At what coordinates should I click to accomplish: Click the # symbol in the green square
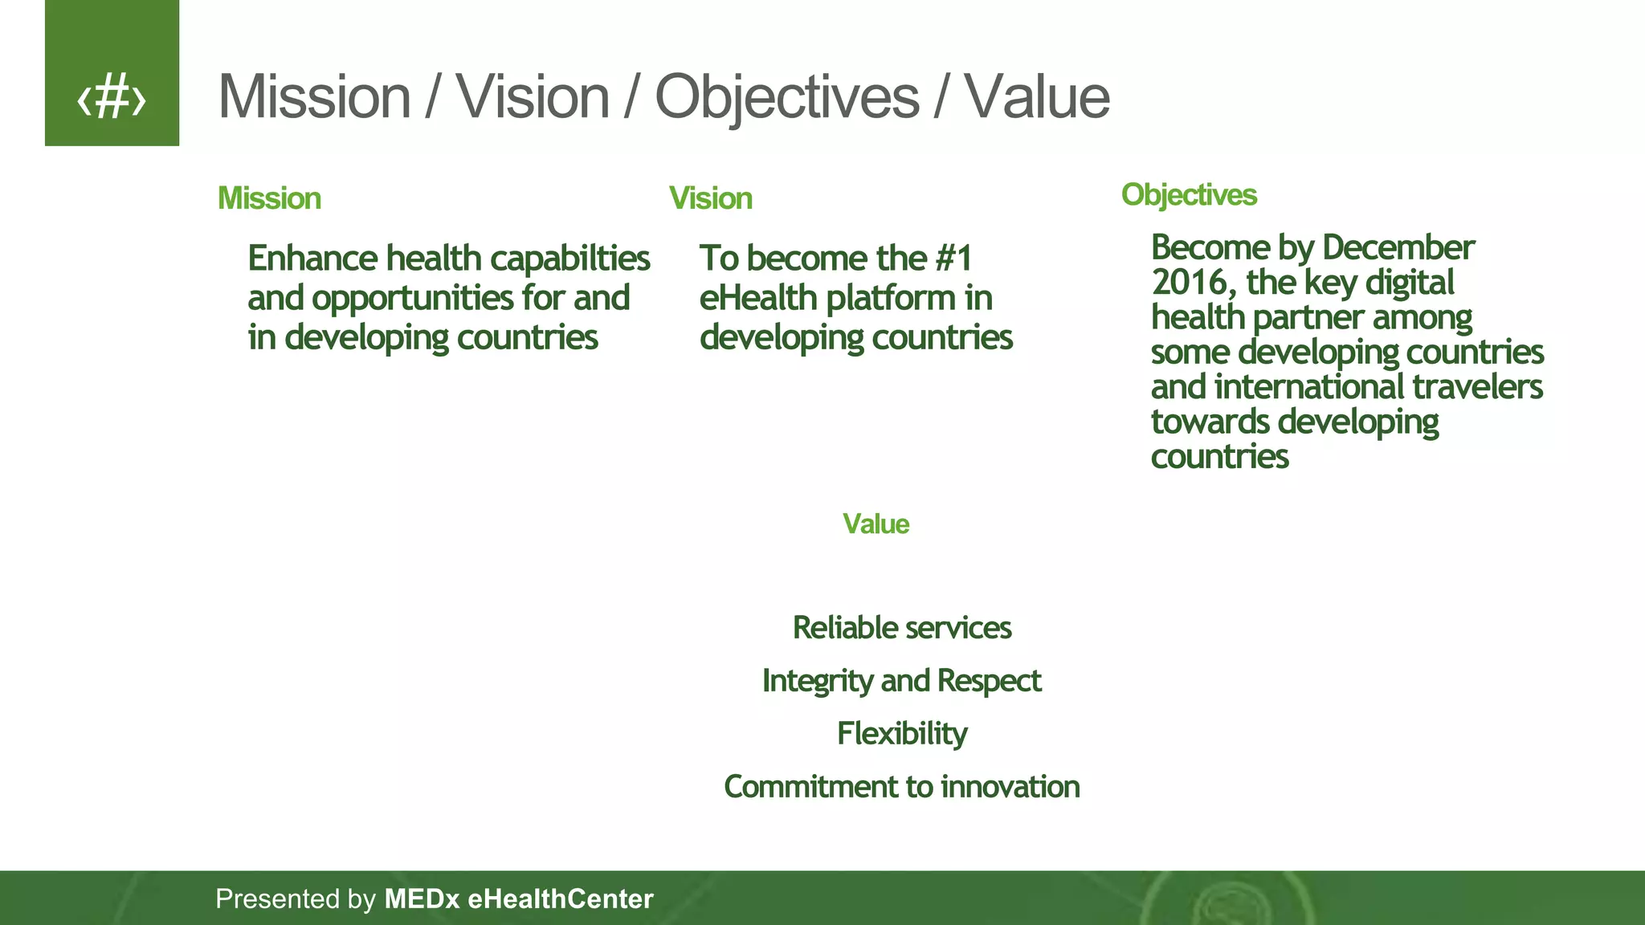click(x=112, y=96)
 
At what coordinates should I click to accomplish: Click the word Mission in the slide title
click(x=314, y=97)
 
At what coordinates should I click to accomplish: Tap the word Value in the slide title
click(x=1036, y=97)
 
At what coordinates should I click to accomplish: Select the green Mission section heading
click(x=269, y=198)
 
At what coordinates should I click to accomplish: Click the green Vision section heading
click(x=710, y=198)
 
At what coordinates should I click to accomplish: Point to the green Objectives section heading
click(x=1188, y=194)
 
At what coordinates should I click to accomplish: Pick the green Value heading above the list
click(x=876, y=524)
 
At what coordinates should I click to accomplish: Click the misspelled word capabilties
click(x=569, y=259)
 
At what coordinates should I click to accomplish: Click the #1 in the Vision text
click(x=953, y=259)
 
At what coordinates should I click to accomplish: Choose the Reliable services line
click(x=901, y=628)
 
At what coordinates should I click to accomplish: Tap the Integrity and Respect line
click(x=901, y=681)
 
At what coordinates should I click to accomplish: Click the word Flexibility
click(x=901, y=734)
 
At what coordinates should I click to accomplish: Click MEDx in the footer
click(x=422, y=899)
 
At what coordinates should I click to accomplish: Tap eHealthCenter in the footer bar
click(x=560, y=899)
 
